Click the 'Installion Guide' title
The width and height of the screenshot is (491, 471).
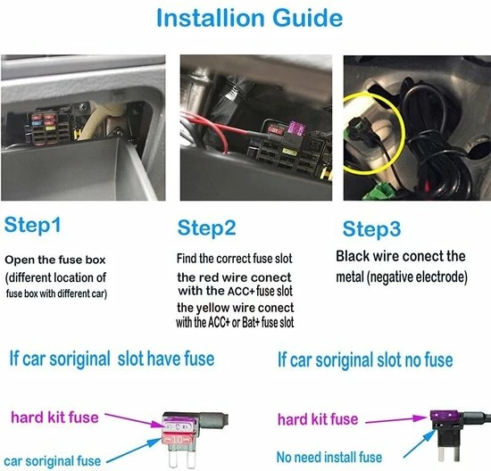[x=250, y=18]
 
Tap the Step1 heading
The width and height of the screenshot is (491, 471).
[x=32, y=225]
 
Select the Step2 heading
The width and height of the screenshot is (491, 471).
[x=206, y=228]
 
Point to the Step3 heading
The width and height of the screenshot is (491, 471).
[x=371, y=229]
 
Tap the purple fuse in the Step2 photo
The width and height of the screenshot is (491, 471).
[x=296, y=128]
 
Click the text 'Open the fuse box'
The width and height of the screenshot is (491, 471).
[x=55, y=260]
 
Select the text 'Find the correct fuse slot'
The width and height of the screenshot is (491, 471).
[x=234, y=259]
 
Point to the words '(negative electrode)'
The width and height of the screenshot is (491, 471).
[x=417, y=277]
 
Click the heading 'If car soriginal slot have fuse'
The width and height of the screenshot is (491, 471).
[x=112, y=359]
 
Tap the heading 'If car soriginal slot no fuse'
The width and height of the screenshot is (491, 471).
[x=365, y=359]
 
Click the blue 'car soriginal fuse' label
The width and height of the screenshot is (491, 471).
[x=53, y=461]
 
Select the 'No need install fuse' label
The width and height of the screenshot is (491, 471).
[x=329, y=458]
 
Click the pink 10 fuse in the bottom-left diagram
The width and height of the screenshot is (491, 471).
[x=177, y=440]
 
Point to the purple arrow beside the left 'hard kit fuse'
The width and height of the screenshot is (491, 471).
[x=134, y=419]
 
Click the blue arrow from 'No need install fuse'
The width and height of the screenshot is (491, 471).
[x=420, y=443]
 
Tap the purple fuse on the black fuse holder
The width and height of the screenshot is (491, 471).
[x=445, y=416]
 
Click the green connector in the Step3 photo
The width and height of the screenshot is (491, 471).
[x=377, y=192]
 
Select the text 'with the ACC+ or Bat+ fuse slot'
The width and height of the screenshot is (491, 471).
[x=235, y=322]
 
